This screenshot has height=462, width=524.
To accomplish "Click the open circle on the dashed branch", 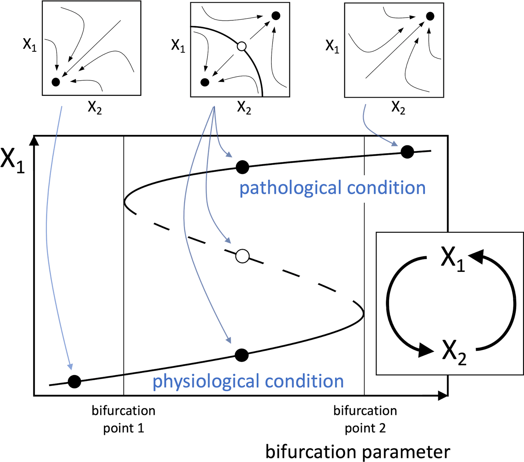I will click(243, 256).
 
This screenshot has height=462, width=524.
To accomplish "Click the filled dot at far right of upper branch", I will click(407, 152).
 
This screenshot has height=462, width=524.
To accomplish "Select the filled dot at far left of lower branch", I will click(74, 381).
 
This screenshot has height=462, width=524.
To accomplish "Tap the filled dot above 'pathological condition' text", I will click(242, 167).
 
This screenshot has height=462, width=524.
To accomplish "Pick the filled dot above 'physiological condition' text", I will click(241, 355).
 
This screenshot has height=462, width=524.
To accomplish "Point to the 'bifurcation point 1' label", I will click(124, 419).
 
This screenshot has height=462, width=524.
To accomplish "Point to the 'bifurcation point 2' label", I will click(365, 419).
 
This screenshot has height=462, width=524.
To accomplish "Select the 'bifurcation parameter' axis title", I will click(358, 452).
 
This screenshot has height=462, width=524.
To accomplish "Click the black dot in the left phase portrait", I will click(56, 82).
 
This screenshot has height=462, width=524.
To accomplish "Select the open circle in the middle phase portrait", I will click(241, 46).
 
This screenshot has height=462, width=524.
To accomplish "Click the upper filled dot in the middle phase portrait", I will click(275, 16).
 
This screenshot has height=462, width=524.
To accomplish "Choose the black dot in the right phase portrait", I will click(430, 16).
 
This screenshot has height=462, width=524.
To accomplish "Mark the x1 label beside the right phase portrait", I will click(332, 46).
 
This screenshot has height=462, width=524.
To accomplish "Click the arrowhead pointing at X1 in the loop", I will click(476, 256).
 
